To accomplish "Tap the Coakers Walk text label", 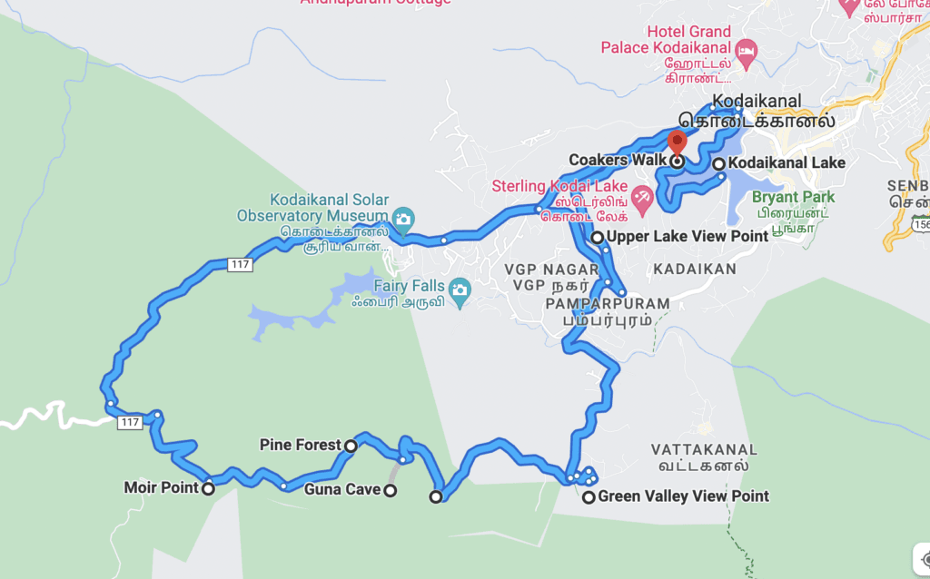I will coord(610,161).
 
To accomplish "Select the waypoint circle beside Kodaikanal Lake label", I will coord(718,164).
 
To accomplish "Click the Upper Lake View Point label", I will coord(688,237).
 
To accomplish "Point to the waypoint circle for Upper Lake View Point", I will coord(598,238).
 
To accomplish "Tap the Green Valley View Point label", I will coord(683,496).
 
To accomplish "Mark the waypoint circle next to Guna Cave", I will coord(390,491).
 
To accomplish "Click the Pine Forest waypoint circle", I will coord(351,446).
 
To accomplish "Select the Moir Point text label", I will coord(161,488).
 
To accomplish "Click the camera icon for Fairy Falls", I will coord(460,290).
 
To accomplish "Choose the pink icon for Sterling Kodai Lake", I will coord(642,197).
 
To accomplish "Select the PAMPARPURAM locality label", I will coord(608,303).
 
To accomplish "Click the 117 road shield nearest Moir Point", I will coord(130,423).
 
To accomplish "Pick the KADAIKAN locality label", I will coord(694,270).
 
